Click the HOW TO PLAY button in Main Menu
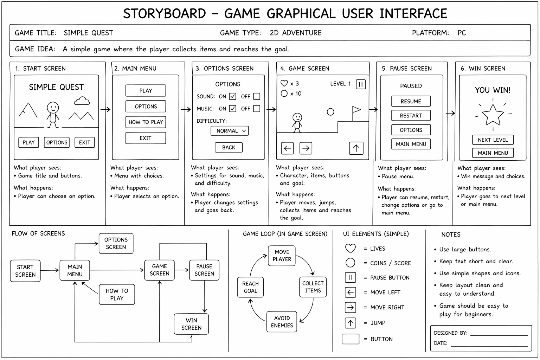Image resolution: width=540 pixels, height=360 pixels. point(146,122)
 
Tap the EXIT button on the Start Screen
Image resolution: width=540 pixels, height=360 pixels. point(84,142)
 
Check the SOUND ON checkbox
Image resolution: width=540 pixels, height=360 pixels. point(232,96)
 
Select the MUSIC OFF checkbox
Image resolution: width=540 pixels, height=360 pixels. point(257,109)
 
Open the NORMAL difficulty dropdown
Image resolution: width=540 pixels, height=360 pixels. point(230,131)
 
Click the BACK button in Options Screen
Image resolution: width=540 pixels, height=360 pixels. point(229,147)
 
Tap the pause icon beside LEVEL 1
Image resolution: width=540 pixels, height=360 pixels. point(361,84)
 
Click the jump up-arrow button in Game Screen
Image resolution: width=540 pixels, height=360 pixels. point(356,148)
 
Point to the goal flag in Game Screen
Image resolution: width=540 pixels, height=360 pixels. point(356,111)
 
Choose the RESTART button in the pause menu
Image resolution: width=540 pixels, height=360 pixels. point(411,115)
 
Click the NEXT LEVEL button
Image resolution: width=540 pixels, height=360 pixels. point(493,140)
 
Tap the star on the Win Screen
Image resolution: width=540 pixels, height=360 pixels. point(493,115)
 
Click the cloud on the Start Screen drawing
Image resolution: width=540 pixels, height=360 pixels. point(82,101)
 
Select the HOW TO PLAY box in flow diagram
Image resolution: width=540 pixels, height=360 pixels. point(117,294)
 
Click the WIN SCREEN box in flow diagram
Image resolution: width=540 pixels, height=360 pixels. point(191,324)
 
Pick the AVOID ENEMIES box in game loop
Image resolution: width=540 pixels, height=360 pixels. point(282,322)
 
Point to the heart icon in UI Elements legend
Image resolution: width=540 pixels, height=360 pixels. point(350,248)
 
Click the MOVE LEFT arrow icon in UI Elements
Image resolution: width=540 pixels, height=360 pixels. point(350,292)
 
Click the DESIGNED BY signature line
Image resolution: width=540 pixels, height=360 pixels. point(499,334)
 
